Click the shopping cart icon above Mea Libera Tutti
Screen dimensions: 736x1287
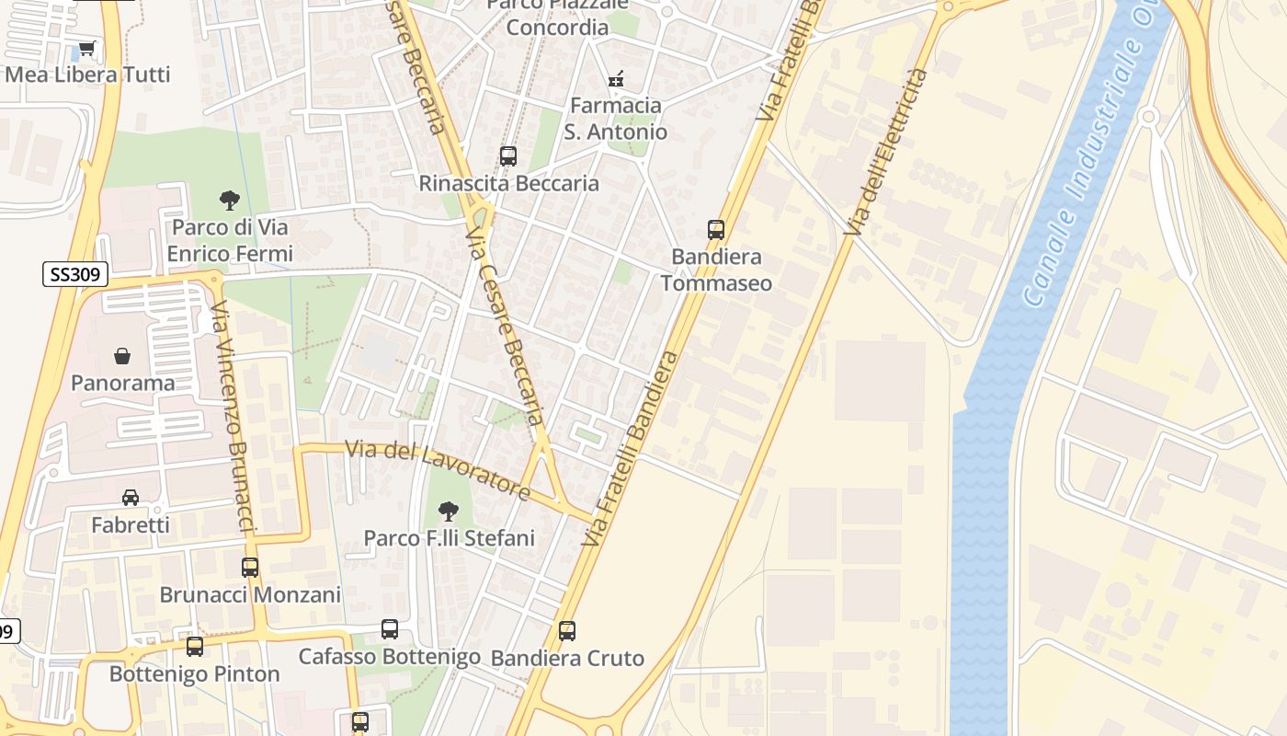(x=86, y=49)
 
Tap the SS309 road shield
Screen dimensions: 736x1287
(x=75, y=274)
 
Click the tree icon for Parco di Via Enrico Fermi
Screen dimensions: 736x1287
(x=229, y=200)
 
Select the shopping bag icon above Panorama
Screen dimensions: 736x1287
(x=122, y=356)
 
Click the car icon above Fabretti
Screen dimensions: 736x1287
(x=131, y=498)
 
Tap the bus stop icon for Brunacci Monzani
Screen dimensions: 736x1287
(x=250, y=568)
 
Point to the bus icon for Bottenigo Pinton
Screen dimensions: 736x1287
(x=195, y=647)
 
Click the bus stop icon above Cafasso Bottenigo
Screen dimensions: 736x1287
(x=390, y=629)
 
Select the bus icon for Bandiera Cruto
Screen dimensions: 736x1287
(x=567, y=631)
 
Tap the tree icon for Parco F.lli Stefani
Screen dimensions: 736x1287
(x=449, y=511)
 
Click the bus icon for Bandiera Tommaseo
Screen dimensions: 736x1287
(x=716, y=230)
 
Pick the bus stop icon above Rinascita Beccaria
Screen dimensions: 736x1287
(x=508, y=156)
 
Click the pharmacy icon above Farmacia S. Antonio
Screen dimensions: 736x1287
(x=616, y=79)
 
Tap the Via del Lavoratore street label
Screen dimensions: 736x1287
(x=438, y=470)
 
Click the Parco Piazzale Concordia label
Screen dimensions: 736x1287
(x=557, y=17)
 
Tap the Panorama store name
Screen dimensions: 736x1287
(x=123, y=383)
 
